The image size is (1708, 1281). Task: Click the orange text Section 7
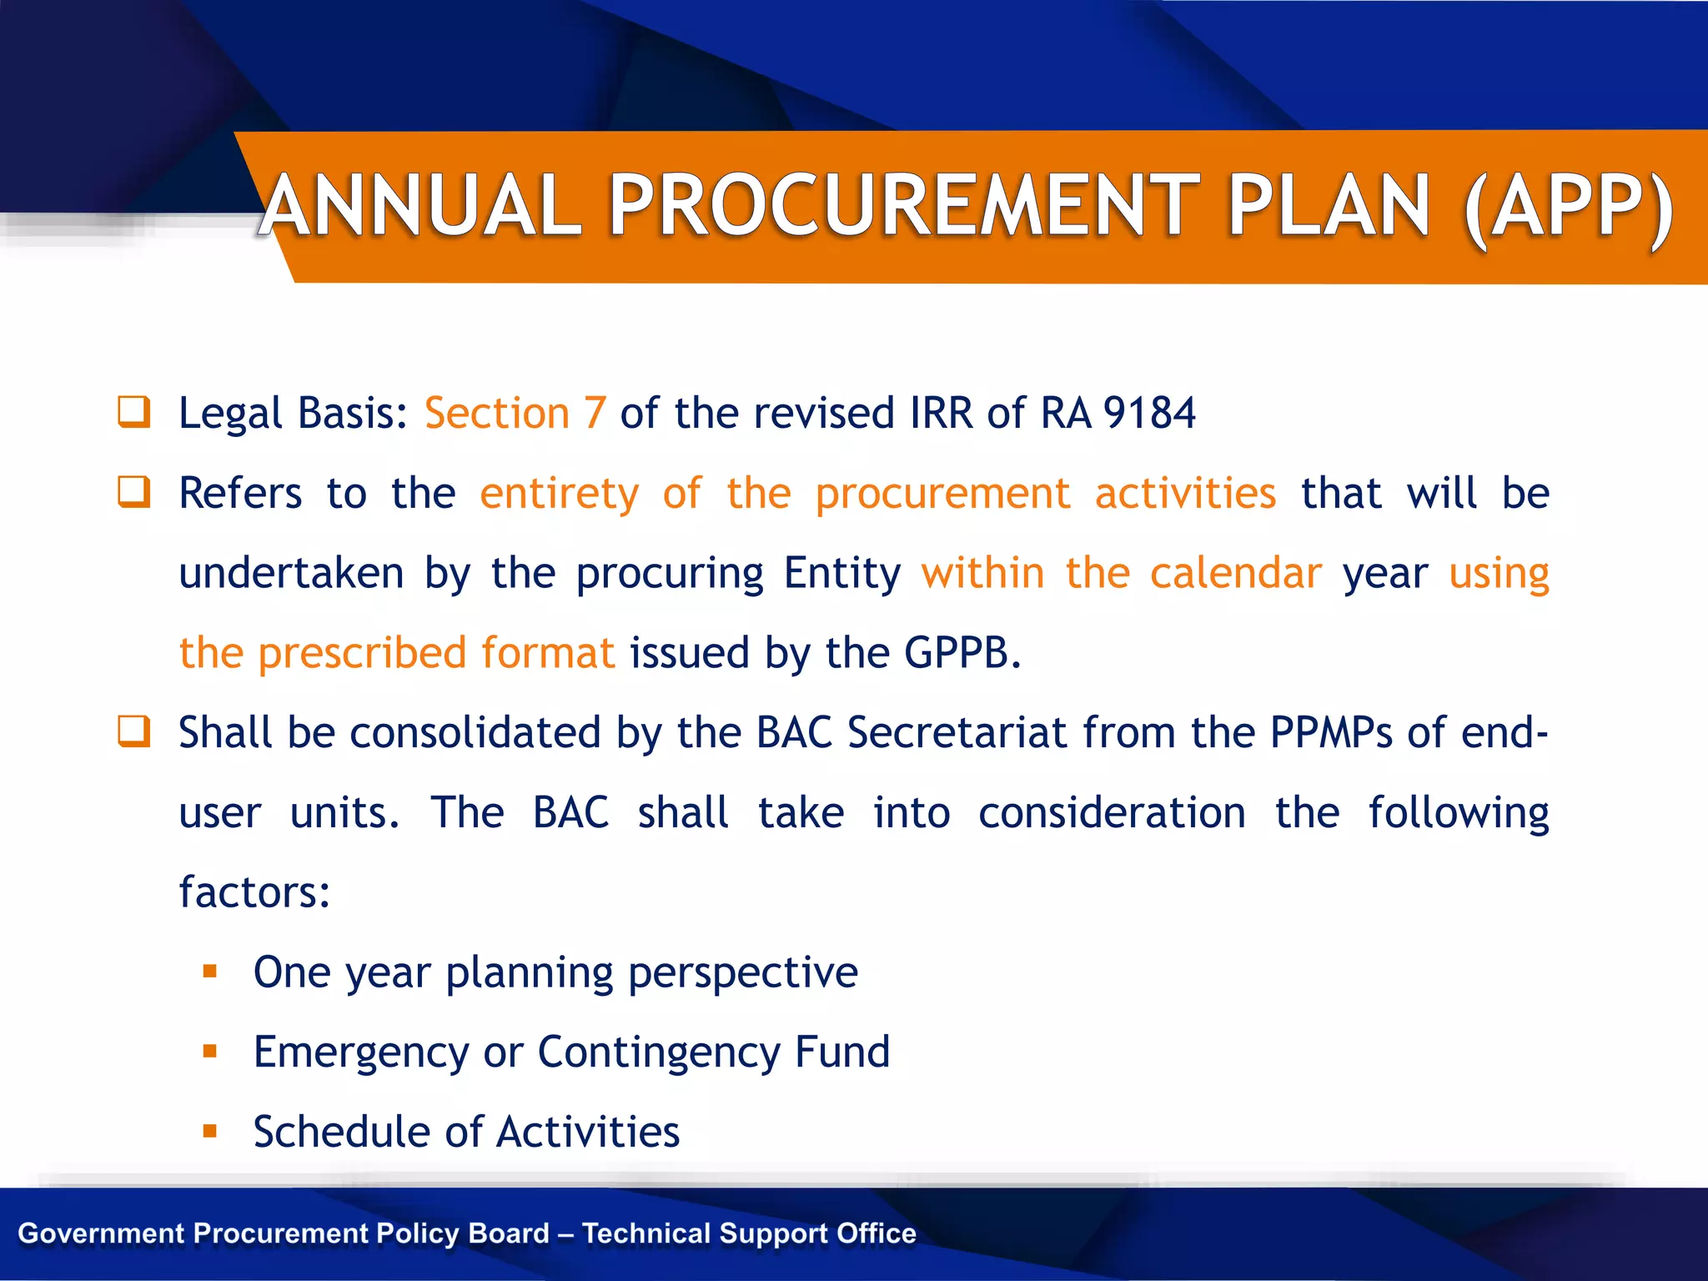click(515, 414)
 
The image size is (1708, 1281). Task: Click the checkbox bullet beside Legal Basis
click(134, 412)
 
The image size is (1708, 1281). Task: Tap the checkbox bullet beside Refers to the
click(134, 492)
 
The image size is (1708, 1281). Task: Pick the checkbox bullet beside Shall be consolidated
click(134, 731)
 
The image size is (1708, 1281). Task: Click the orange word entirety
click(559, 494)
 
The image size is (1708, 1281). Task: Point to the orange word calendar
click(1235, 573)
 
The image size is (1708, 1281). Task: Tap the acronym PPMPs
click(1331, 733)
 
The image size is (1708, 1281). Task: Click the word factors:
click(254, 892)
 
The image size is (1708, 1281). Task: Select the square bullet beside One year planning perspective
click(210, 972)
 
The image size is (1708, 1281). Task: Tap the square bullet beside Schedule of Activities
click(210, 1132)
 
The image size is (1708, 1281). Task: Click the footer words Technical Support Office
click(749, 1233)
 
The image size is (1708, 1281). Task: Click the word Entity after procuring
click(842, 574)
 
